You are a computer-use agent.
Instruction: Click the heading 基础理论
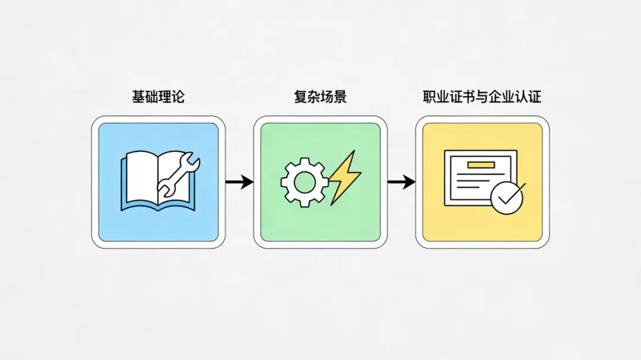[x=158, y=96]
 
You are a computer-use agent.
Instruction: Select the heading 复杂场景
[x=320, y=96]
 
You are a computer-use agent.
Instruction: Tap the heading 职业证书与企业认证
[x=482, y=96]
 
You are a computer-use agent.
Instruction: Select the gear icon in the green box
[x=304, y=180]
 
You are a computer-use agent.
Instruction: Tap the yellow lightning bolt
[x=343, y=177]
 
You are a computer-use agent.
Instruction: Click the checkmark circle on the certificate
[x=507, y=197]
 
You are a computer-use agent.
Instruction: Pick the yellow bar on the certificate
[x=481, y=165]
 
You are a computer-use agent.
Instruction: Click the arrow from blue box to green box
[x=239, y=181]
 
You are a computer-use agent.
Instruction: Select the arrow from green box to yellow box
[x=401, y=181]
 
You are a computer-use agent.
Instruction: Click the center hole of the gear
[x=304, y=181]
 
